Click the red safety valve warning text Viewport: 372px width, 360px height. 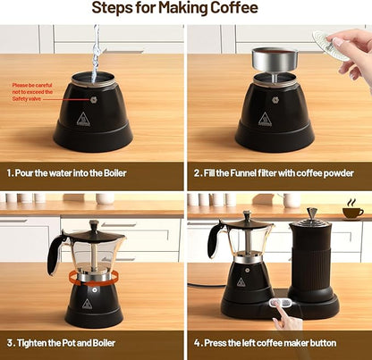point(35,93)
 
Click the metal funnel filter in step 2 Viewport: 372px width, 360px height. point(275,61)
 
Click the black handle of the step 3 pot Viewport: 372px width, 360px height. point(55,254)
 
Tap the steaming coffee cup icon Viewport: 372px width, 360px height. point(353,211)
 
